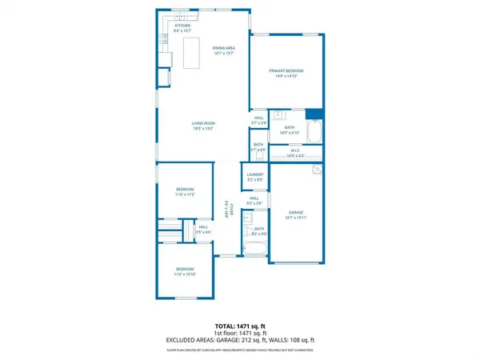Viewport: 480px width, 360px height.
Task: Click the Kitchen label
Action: [183, 26]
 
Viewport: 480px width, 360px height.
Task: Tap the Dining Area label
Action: [223, 49]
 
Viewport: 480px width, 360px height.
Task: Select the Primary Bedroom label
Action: [288, 71]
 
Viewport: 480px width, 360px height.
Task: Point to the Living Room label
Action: [202, 123]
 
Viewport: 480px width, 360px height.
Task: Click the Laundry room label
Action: [255, 174]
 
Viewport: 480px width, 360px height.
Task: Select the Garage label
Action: [296, 212]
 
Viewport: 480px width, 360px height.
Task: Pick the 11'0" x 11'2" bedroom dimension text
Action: [186, 194]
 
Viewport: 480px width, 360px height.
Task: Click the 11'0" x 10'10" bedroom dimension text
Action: [186, 274]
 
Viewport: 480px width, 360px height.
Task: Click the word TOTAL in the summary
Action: [226, 327]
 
